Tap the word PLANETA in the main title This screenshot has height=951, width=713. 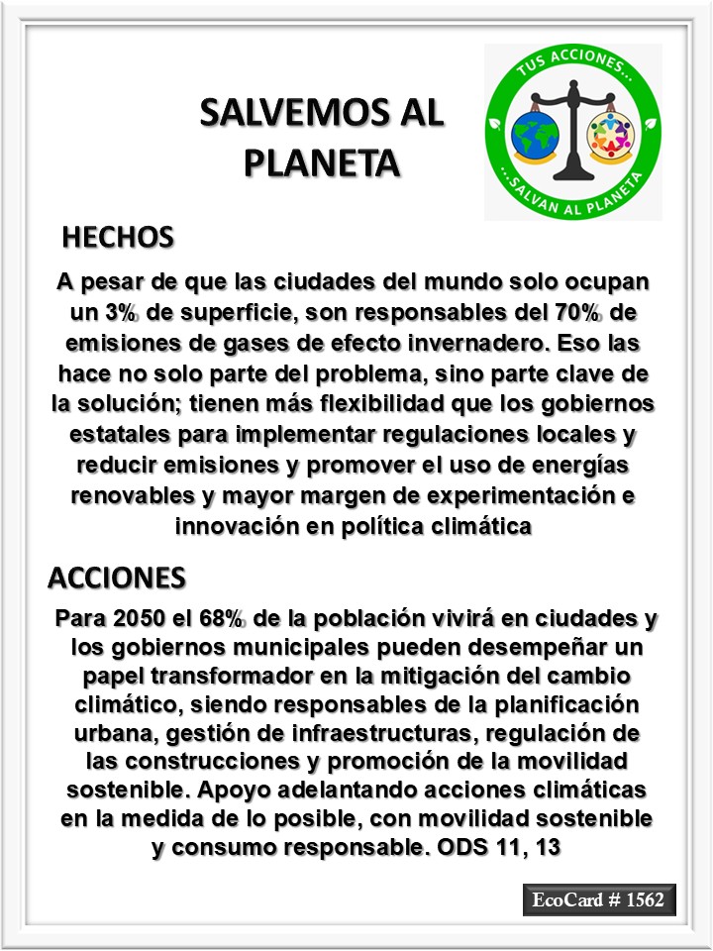point(322,161)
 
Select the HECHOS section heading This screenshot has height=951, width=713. point(118,238)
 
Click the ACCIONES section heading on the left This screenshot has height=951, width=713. point(116,577)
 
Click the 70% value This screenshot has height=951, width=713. point(575,313)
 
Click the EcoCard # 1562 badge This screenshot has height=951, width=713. point(598,900)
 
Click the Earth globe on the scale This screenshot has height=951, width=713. point(537,137)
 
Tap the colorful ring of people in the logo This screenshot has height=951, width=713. point(611,136)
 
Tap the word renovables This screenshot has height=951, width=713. point(139,496)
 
